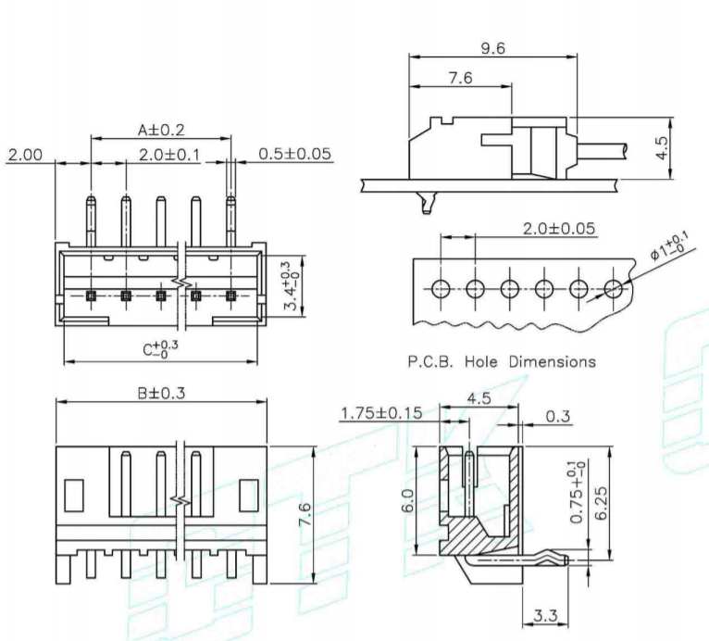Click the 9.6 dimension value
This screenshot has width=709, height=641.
pos(493,48)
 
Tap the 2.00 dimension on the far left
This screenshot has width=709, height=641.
pos(26,154)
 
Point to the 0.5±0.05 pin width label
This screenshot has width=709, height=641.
pos(294,154)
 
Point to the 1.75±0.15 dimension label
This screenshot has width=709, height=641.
pos(382,413)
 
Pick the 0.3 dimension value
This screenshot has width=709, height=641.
pos(557,416)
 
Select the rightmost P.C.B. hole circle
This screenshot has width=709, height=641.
pos(613,289)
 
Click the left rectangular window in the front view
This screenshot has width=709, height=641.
pos(74,494)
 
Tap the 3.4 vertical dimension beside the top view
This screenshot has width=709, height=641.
pos(291,289)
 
